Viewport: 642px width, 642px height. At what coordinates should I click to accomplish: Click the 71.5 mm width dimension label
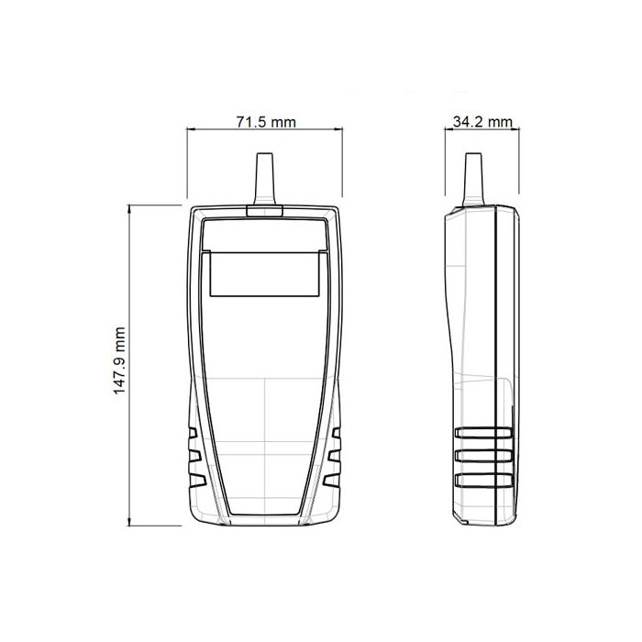(x=265, y=122)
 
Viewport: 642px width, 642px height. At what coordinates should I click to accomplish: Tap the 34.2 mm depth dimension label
(x=482, y=122)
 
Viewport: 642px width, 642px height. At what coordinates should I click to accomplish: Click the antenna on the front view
(x=264, y=180)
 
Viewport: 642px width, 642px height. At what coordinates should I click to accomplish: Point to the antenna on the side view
(x=473, y=178)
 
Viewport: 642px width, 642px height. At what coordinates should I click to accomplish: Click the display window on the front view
(x=264, y=274)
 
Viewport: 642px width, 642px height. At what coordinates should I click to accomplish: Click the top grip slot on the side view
(x=481, y=433)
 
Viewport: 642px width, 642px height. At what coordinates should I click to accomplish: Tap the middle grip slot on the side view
(x=481, y=456)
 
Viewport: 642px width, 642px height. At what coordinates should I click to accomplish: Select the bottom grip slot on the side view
(x=481, y=479)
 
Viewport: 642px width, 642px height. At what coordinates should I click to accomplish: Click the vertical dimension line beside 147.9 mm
(x=129, y=275)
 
